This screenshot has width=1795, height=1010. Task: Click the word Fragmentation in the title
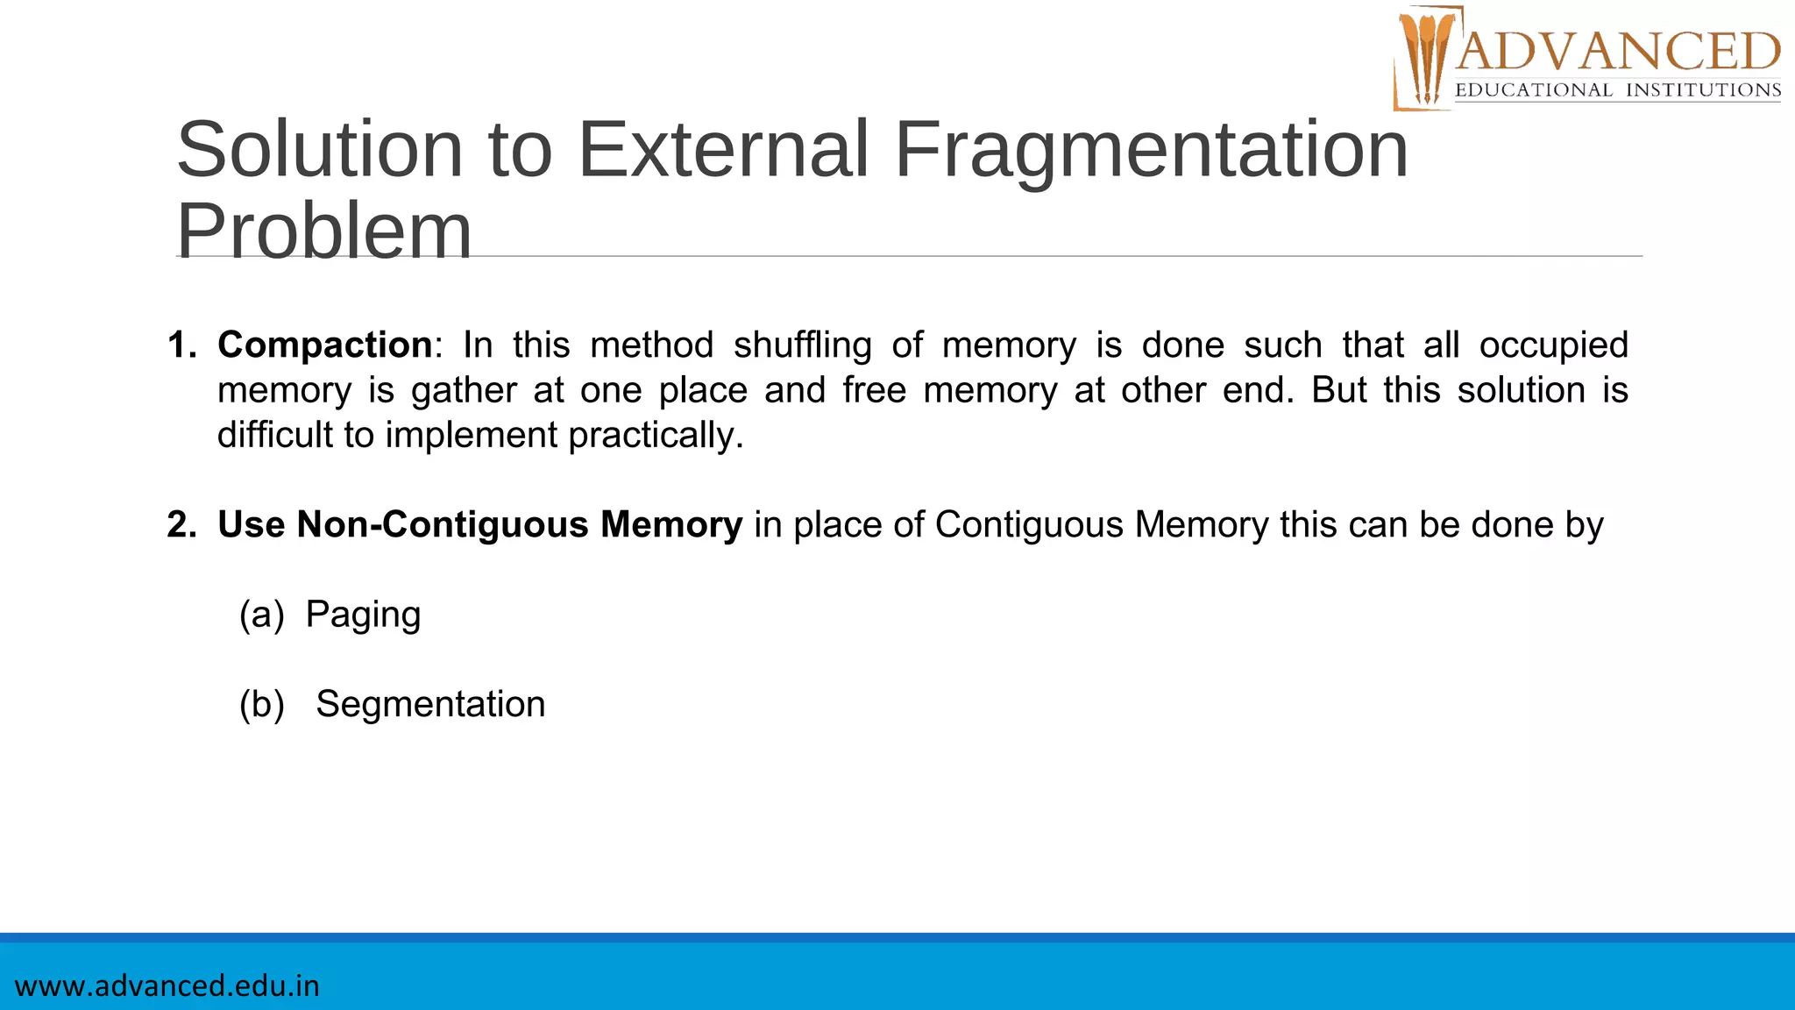click(x=1151, y=150)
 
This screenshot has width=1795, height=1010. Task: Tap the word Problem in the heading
click(x=324, y=231)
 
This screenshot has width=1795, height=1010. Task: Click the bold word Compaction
click(x=324, y=345)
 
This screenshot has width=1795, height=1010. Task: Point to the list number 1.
click(x=181, y=345)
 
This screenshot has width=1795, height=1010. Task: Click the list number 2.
click(x=181, y=525)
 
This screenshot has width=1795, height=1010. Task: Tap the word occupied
click(x=1553, y=345)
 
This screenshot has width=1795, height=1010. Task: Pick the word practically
click(x=656, y=436)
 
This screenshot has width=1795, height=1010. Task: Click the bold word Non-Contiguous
click(x=443, y=525)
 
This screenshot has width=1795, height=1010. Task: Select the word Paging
click(x=363, y=615)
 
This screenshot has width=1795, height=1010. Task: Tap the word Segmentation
click(x=430, y=705)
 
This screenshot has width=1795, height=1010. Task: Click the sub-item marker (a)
click(x=261, y=615)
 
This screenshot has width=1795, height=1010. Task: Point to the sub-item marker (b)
click(x=261, y=705)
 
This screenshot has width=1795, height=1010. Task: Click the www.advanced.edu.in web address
click(x=167, y=986)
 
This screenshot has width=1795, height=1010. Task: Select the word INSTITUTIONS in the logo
click(x=1703, y=90)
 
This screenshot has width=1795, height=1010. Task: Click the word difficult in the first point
click(x=274, y=436)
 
